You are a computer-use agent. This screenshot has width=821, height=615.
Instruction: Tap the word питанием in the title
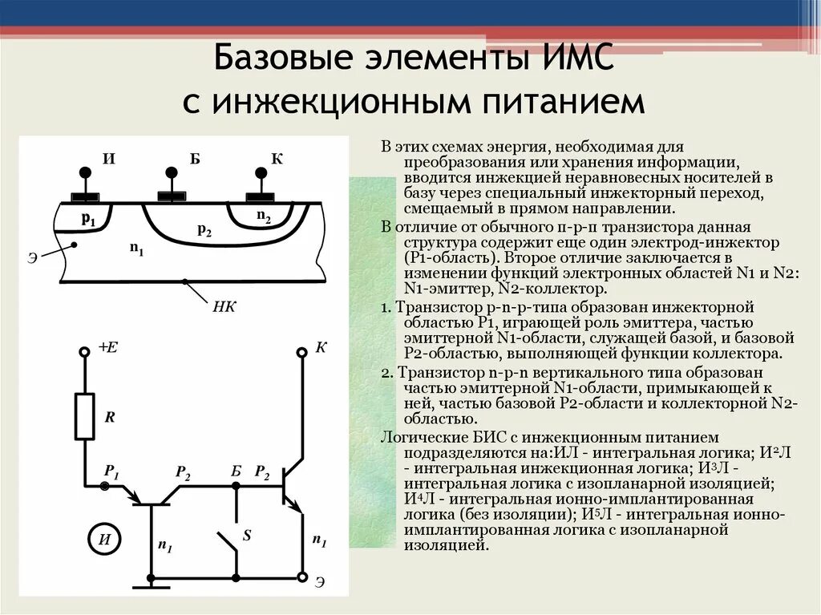(552, 103)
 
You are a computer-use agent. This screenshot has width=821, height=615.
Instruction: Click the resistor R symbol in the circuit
(84, 416)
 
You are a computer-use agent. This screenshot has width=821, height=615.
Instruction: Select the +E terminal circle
(84, 351)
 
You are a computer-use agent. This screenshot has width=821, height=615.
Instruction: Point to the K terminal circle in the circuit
(302, 352)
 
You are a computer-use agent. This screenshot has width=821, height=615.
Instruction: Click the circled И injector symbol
(104, 539)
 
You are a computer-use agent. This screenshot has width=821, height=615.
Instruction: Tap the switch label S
(247, 536)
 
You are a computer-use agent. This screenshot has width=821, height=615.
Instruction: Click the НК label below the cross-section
(224, 305)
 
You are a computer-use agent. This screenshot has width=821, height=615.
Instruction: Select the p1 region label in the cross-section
(88, 219)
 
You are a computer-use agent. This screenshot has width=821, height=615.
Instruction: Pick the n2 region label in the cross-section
(263, 216)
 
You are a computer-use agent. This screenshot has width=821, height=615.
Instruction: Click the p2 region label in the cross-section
(204, 230)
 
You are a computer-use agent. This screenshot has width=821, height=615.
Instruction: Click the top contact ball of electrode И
(83, 172)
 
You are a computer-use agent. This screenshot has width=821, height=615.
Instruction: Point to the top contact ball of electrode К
(260, 172)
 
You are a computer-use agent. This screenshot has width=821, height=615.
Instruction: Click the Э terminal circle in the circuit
(302, 577)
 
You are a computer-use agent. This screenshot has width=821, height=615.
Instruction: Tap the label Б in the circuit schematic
(235, 471)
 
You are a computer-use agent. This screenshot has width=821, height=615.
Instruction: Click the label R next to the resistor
(110, 417)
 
